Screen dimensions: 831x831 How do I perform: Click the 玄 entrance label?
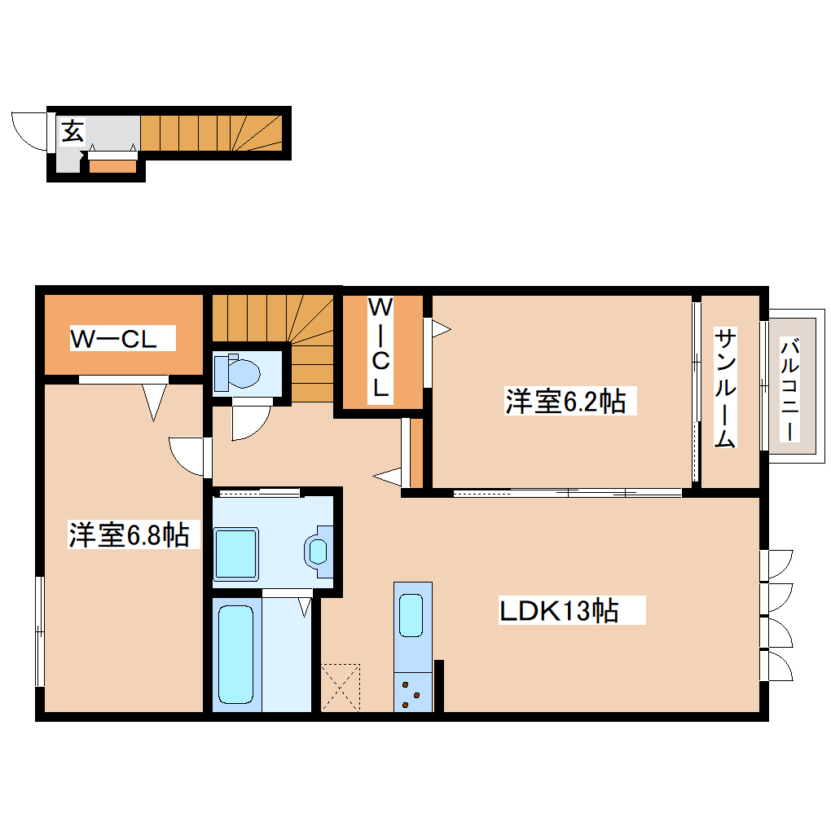73,131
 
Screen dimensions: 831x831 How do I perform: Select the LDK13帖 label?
558,610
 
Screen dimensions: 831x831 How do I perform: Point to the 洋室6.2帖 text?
565,401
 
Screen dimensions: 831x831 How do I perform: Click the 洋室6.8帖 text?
129,534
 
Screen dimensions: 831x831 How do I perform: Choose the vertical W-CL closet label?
380,348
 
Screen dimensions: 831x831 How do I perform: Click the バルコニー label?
788,389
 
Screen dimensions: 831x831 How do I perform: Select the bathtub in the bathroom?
235,654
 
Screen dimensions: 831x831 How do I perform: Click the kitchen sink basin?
411,615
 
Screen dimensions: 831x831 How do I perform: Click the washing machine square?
236,554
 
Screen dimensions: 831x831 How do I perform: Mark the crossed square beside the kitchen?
341,686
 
